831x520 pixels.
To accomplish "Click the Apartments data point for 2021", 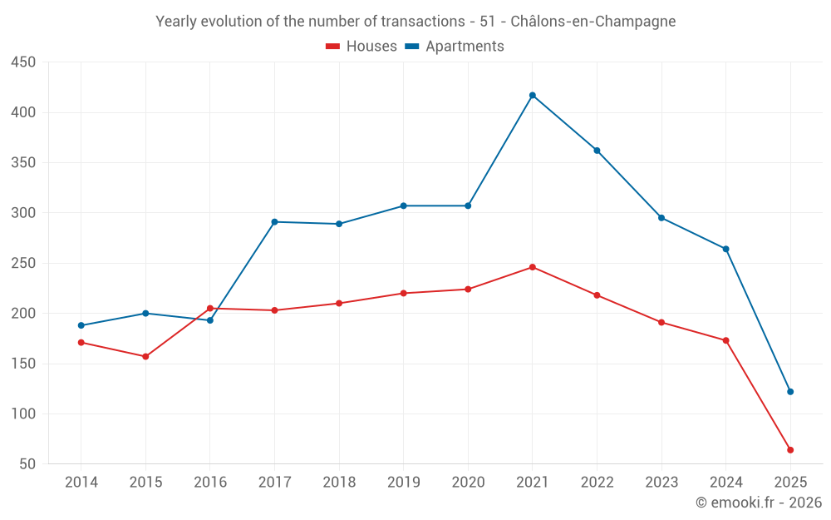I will (x=533, y=95).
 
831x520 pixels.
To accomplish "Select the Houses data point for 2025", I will (x=790, y=450).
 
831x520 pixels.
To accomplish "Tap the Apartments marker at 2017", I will (x=274, y=222).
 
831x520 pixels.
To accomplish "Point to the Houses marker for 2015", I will (x=145, y=357).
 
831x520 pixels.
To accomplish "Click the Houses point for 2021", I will (x=533, y=267).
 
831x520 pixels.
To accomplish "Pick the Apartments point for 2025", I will (x=790, y=392).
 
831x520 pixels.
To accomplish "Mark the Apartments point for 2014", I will (x=81, y=325).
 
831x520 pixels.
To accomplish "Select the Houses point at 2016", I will (x=209, y=309).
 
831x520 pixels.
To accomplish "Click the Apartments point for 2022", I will (x=597, y=151).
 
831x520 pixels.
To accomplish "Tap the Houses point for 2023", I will (x=661, y=322).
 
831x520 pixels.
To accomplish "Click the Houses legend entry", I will (x=361, y=47).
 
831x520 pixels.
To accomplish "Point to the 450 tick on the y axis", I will (x=23, y=62).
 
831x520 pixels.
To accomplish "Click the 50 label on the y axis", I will (x=27, y=464).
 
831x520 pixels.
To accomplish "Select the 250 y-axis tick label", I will (x=23, y=263).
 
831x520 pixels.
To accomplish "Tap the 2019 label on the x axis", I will (x=403, y=483).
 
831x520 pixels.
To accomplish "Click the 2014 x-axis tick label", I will (x=81, y=483).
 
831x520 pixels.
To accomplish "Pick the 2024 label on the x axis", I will (x=725, y=483).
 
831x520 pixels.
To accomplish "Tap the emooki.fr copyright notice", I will (x=758, y=503).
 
